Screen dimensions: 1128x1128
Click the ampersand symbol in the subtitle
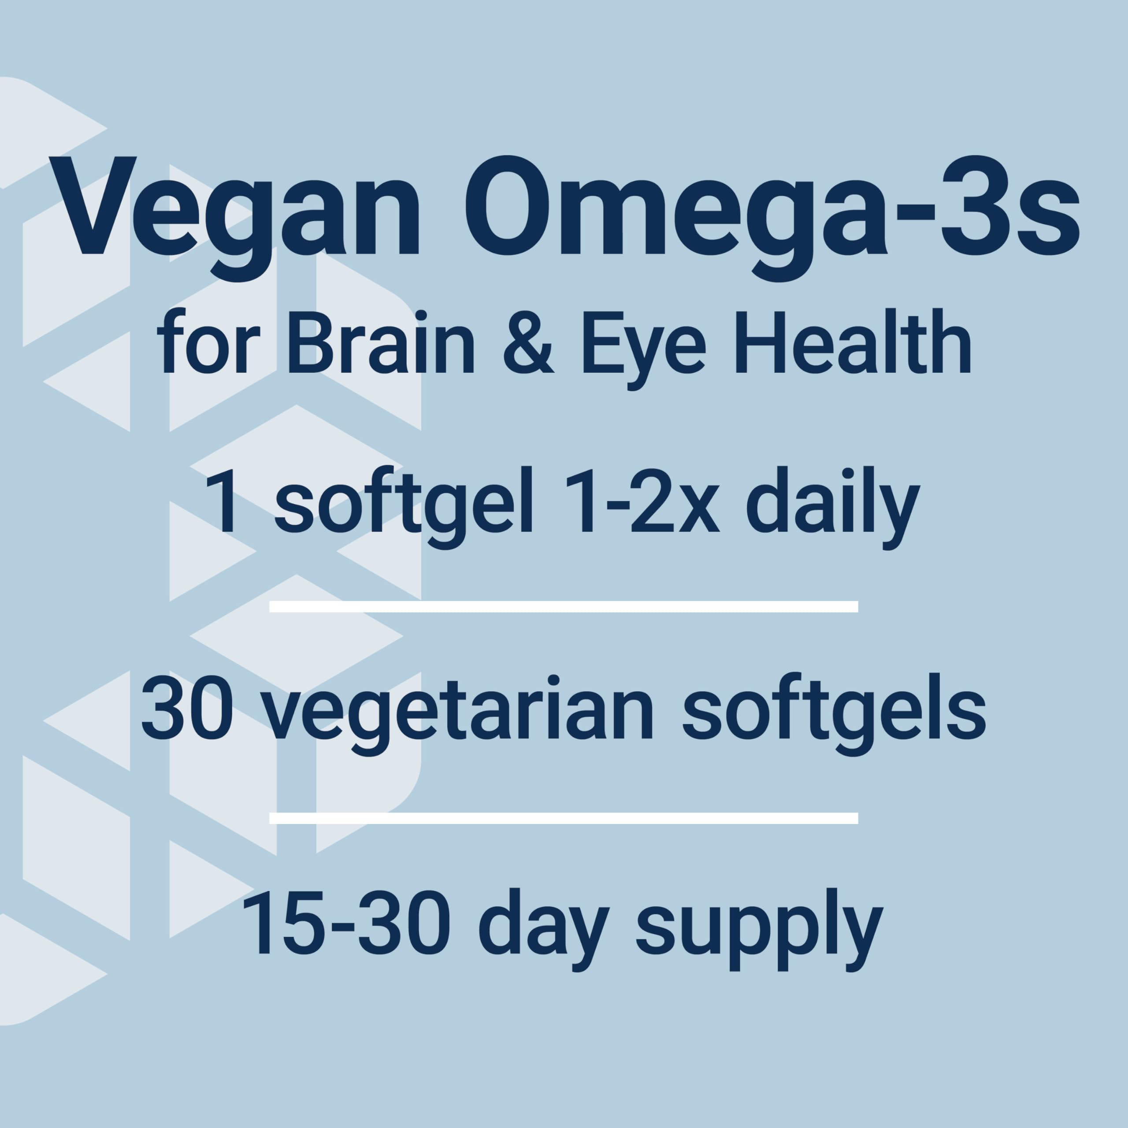point(528,346)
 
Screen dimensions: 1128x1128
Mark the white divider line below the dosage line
point(564,607)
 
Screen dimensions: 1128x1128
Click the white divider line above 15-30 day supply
point(564,818)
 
